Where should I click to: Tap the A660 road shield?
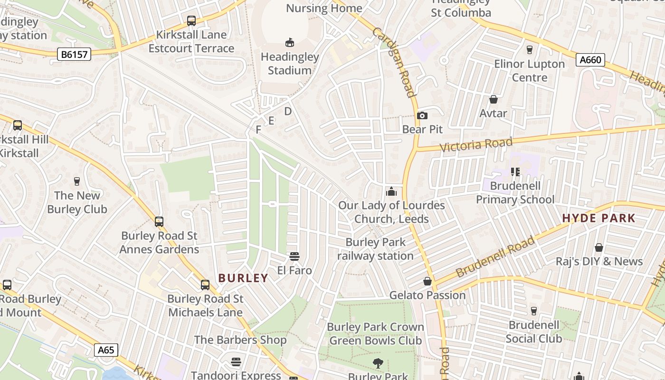591,60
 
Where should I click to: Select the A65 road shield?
106,350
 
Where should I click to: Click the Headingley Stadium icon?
289,43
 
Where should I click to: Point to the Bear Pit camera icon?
422,115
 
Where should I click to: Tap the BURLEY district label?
243,278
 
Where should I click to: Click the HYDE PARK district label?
598,218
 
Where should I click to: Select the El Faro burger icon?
294,257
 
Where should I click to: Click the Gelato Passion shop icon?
427,281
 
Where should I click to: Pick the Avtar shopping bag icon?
494,99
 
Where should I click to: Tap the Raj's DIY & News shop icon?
599,247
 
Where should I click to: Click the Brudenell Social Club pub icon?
533,311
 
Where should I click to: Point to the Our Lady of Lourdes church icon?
391,191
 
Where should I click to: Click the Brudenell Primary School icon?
515,172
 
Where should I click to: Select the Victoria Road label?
476,144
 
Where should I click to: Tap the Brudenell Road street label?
495,257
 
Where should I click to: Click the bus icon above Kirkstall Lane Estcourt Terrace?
191,21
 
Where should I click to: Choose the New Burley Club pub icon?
77,181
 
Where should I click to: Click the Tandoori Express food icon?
236,362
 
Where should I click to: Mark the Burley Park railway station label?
375,249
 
